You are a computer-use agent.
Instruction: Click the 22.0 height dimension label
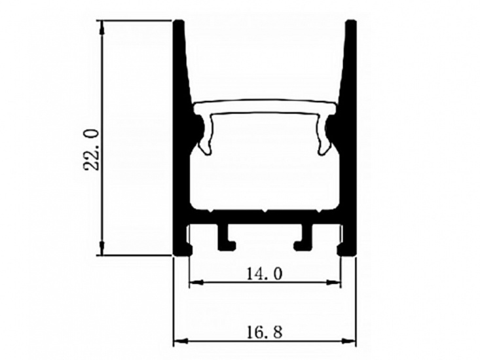click(92, 150)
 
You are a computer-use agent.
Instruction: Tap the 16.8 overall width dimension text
click(265, 333)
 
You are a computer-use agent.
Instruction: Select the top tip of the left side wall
click(178, 23)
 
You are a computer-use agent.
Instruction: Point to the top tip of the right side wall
click(351, 23)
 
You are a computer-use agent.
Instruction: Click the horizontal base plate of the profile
click(265, 219)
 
